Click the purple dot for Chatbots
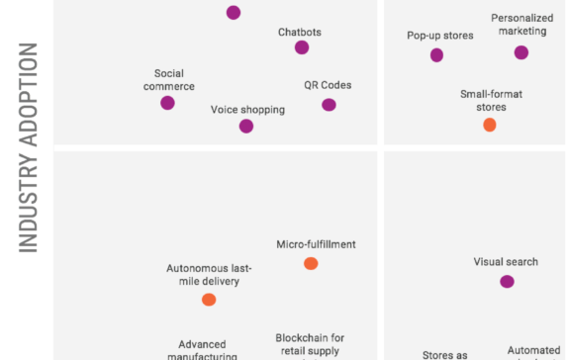pos(302,47)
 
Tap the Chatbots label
pos(299,32)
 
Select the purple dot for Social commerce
pos(168,103)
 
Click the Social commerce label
pos(168,80)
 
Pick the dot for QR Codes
pos(329,105)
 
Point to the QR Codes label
pos(328,85)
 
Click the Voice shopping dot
pos(246,126)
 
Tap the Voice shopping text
pos(247,110)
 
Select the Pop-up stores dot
pos(436,54)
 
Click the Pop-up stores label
pos(440,36)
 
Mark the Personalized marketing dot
pos(521,52)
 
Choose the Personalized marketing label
pos(521,25)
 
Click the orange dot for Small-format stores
pos(489,125)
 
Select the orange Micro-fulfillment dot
pos(311,263)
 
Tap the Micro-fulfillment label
pos(316,244)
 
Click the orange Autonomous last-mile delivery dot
pos(209,300)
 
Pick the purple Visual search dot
pos(507,282)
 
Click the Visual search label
pos(506,262)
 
